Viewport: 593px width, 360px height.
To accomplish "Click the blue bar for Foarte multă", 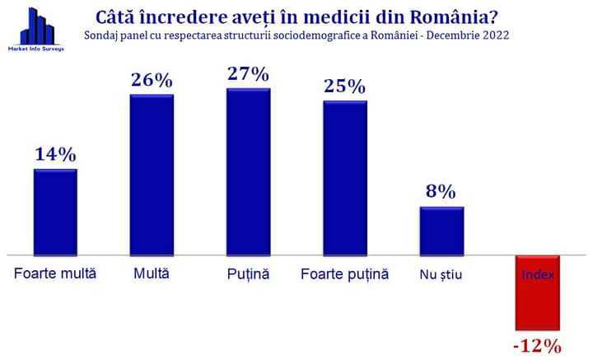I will (55, 212).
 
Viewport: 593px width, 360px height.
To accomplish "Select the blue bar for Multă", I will (152, 175).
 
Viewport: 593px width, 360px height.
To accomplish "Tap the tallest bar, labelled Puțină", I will (248, 171).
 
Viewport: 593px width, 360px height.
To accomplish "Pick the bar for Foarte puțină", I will (345, 178).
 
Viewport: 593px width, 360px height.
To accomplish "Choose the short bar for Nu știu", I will (441, 231).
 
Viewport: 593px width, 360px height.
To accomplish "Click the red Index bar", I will (539, 292).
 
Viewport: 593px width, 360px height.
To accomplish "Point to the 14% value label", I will (55, 154).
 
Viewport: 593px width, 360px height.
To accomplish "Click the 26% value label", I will (152, 80).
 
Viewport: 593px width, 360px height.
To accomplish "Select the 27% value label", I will (248, 73).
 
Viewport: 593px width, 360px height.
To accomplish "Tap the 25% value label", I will (345, 86).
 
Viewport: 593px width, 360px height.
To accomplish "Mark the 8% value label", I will (441, 192).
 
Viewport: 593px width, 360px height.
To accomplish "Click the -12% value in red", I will (537, 345).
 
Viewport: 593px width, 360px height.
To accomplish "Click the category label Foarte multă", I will (56, 274).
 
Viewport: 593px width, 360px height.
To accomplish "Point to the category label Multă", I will (152, 274).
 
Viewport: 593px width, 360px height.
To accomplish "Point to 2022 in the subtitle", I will (491, 35).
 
